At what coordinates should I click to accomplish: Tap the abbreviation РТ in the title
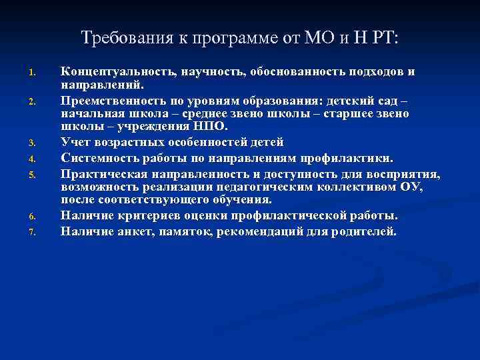pos(382,38)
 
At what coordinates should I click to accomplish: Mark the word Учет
pos(75,142)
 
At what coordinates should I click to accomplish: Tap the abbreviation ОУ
pos(409,187)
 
